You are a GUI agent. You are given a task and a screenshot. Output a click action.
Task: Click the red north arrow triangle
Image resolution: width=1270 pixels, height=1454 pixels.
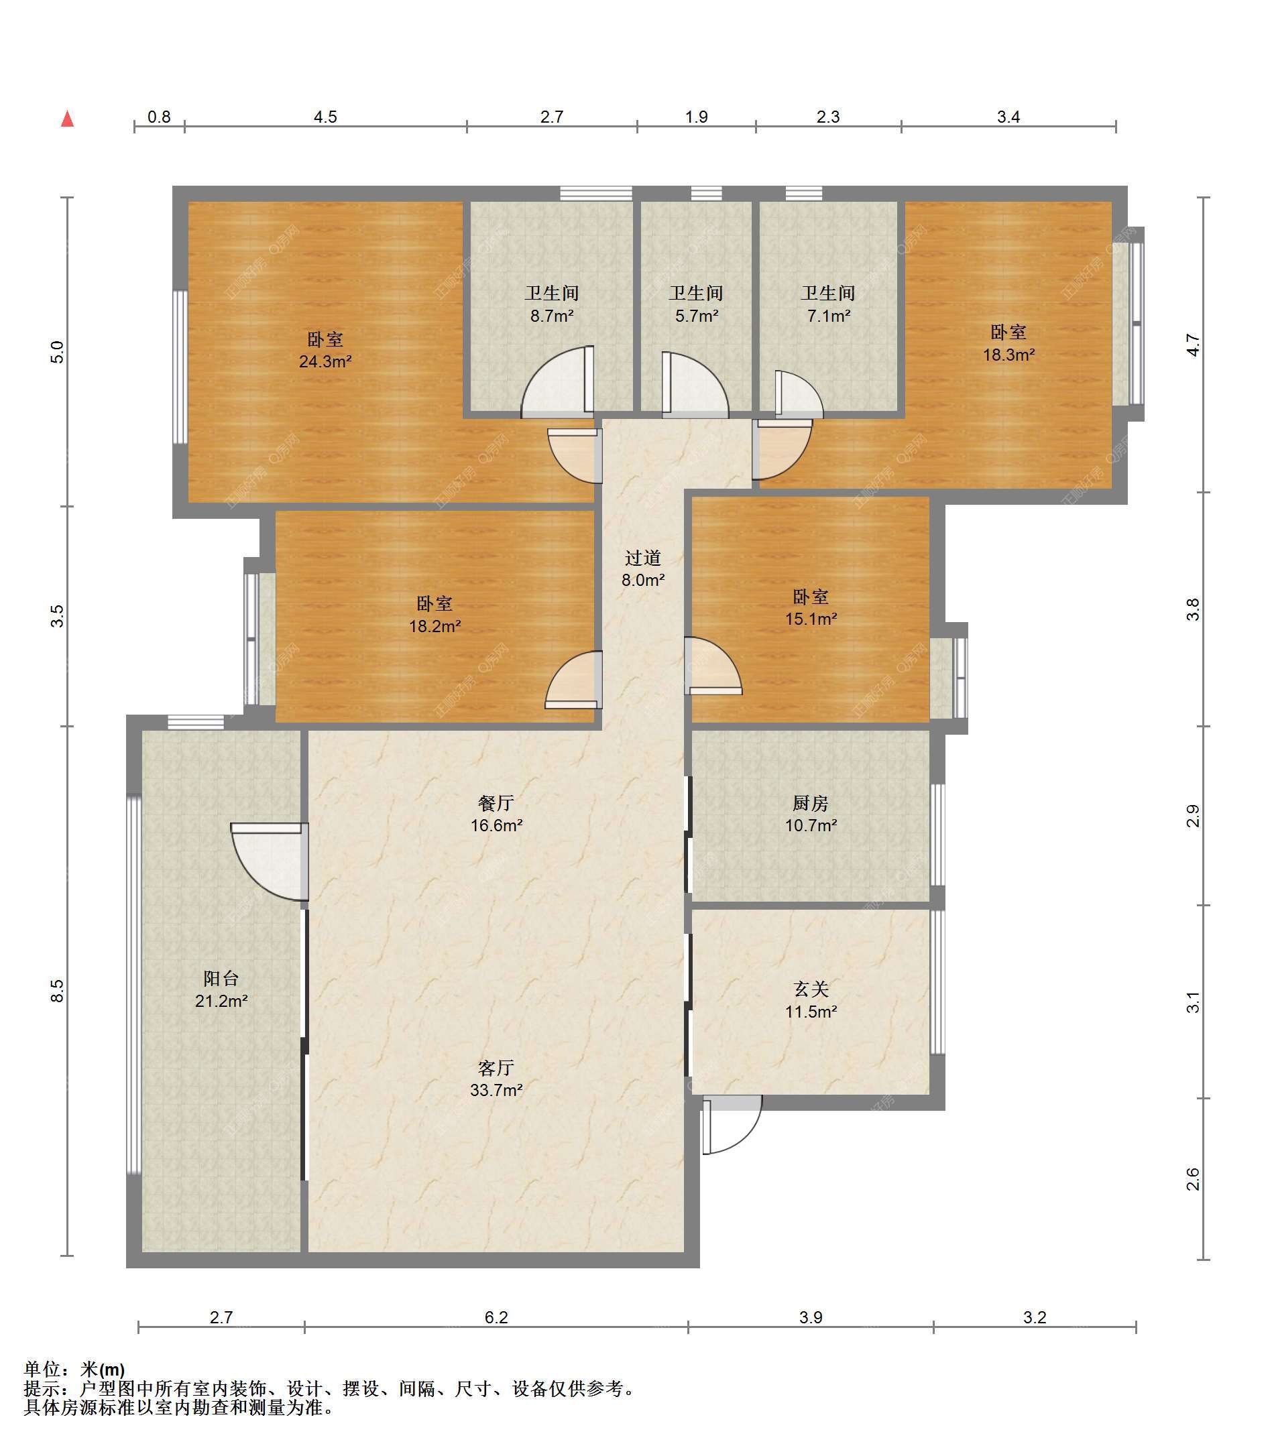coord(67,119)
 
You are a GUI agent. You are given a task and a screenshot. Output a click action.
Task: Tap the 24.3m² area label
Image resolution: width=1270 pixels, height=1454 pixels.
coord(325,361)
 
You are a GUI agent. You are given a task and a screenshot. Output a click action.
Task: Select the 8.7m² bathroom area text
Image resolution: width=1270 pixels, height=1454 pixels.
coord(552,316)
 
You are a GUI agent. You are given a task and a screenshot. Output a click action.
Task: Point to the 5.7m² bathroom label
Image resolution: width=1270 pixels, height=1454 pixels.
coord(697,316)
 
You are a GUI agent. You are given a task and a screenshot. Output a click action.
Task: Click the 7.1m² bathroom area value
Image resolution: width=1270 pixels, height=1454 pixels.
coord(829,316)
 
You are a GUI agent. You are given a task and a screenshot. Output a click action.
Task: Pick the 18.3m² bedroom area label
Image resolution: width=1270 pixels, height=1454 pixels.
coord(1008,355)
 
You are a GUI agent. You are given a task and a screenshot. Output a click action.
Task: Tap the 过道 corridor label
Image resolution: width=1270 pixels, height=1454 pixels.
coord(643,558)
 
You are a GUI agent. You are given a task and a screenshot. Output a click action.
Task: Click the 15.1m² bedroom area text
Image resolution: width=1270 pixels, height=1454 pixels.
coord(811,619)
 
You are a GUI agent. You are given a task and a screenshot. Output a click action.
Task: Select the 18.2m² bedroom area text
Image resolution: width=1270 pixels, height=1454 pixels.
coord(435,626)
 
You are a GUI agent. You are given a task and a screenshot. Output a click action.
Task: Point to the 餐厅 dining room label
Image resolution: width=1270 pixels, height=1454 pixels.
coord(496,803)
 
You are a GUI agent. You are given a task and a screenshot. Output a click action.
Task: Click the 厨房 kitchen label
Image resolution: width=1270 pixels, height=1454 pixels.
coord(811,803)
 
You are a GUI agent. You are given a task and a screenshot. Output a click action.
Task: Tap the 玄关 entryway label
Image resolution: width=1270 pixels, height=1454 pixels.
coord(811,989)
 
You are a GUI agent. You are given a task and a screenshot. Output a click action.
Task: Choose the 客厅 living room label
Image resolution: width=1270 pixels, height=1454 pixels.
coord(496,1068)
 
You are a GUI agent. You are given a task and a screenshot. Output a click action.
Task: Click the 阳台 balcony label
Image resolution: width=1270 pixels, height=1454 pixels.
coord(221,979)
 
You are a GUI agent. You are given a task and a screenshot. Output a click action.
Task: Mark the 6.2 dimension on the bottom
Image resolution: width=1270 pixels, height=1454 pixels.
coord(496,1317)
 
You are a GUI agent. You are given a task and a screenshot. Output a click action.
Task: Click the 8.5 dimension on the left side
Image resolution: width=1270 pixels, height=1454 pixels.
coord(58,991)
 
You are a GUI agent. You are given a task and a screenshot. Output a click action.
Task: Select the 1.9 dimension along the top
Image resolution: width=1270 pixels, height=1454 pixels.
coord(697,117)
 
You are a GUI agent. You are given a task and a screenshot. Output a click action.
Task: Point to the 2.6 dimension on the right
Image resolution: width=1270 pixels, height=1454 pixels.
coord(1194,1178)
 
